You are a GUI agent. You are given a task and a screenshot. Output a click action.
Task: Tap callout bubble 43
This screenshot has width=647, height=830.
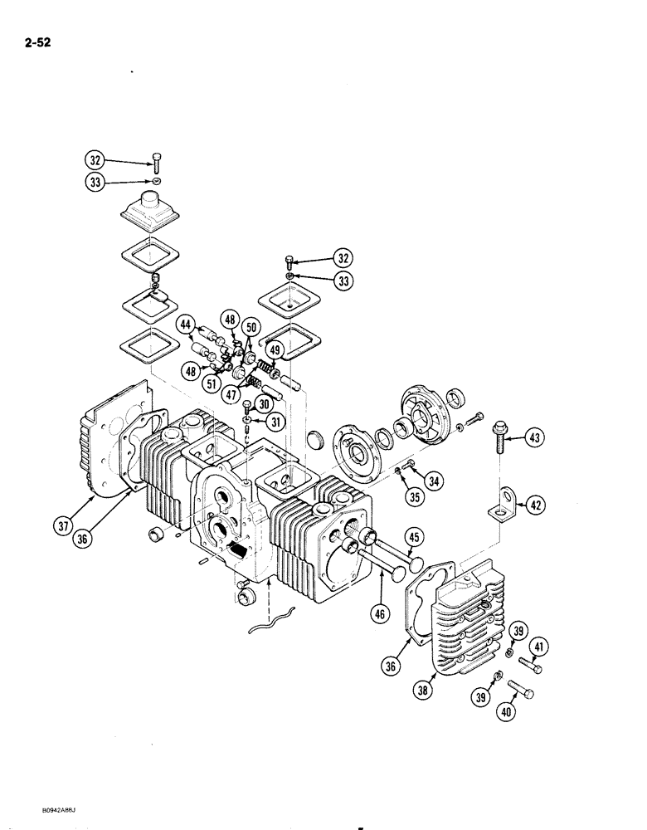(x=536, y=437)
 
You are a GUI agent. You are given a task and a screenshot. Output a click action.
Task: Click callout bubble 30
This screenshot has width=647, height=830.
(x=264, y=403)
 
